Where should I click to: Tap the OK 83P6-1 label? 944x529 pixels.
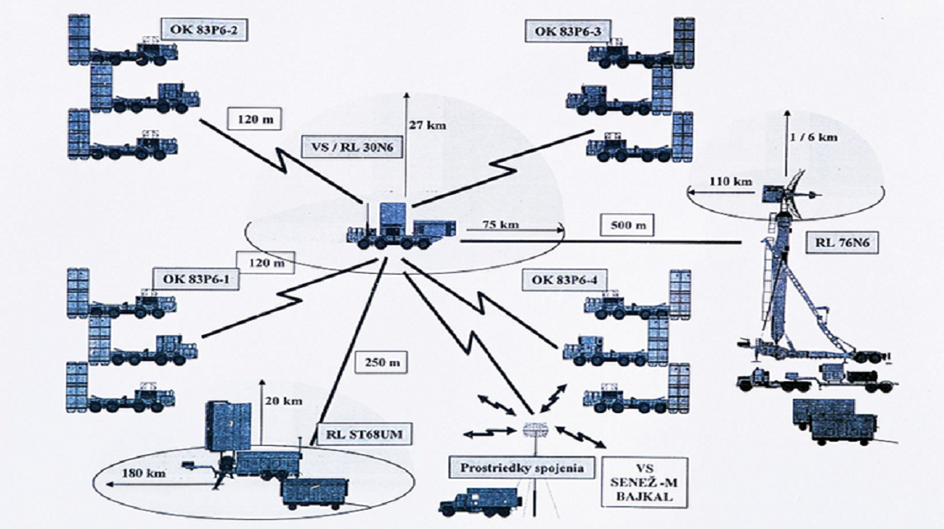pyautogui.click(x=196, y=278)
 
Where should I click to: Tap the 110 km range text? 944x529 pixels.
pyautogui.click(x=732, y=180)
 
